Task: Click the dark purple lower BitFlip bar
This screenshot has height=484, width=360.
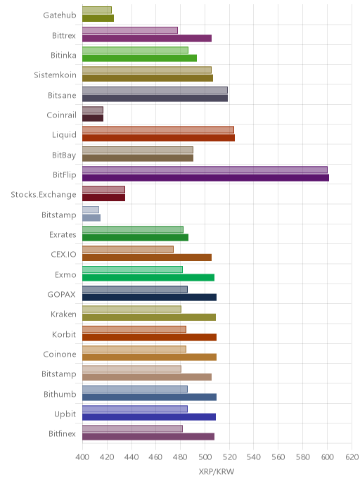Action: click(x=205, y=178)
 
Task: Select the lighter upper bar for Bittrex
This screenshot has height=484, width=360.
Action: click(x=130, y=30)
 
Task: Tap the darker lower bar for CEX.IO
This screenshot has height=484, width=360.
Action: click(x=147, y=257)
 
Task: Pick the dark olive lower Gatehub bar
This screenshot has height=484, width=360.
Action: click(x=98, y=18)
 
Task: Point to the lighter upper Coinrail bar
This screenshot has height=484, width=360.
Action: click(x=93, y=110)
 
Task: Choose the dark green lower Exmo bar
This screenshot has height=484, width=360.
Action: click(x=148, y=277)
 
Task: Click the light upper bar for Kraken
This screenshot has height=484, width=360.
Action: click(x=131, y=310)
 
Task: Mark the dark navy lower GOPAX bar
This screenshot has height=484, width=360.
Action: click(x=149, y=298)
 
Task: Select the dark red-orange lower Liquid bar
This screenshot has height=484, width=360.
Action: click(x=159, y=138)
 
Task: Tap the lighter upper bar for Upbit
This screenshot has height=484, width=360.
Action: click(x=135, y=409)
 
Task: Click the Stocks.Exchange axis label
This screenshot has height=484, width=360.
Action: click(x=44, y=195)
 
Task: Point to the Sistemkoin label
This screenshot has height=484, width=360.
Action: click(x=56, y=75)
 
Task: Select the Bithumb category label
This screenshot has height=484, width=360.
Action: click(x=60, y=394)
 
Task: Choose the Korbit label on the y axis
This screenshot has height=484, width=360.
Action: click(x=64, y=334)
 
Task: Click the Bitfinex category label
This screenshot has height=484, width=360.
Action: click(x=62, y=433)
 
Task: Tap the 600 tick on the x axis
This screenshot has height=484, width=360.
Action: click(x=327, y=457)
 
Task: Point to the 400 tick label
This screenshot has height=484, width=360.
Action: click(x=82, y=457)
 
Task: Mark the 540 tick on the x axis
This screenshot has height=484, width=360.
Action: click(x=254, y=457)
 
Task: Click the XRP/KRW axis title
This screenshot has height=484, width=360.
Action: click(x=217, y=471)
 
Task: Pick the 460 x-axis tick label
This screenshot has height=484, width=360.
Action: click(x=155, y=457)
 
